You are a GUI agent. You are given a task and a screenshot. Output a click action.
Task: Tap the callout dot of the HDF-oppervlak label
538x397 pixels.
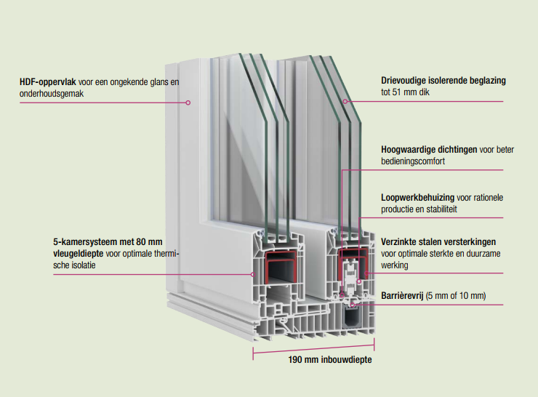tap(188, 103)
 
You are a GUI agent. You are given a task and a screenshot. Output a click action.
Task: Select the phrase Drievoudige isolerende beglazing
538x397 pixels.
tap(443, 81)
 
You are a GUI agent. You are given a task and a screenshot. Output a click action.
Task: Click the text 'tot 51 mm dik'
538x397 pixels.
tap(405, 93)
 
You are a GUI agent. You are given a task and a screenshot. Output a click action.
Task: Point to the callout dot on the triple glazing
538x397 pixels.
tap(345, 102)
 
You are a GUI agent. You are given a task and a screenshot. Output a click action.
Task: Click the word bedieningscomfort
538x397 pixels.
tap(412, 161)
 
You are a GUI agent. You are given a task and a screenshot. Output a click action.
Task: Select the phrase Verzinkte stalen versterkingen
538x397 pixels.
tap(438, 241)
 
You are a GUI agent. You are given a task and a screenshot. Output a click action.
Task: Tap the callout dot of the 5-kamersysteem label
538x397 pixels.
tap(252, 274)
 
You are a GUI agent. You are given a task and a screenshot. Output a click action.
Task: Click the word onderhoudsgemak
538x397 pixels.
tap(53, 95)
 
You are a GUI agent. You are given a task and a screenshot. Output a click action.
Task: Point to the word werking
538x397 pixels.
tap(395, 266)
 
